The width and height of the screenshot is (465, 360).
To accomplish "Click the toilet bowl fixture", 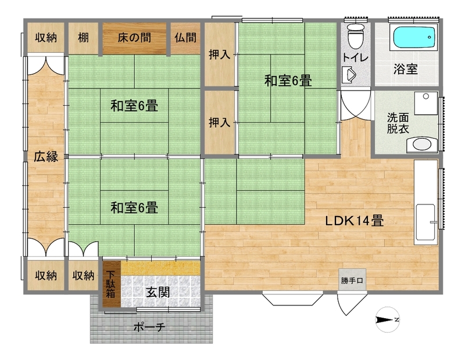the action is pyautogui.click(x=355, y=36).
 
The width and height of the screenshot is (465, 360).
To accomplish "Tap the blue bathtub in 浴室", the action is pyautogui.click(x=415, y=37).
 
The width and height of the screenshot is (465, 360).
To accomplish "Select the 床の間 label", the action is pyautogui.click(x=134, y=38).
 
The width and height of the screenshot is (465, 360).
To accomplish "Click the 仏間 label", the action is pyautogui.click(x=185, y=38).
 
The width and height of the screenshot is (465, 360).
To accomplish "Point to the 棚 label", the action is pyautogui.click(x=83, y=38).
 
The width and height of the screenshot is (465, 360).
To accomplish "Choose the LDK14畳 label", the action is pyautogui.click(x=355, y=221).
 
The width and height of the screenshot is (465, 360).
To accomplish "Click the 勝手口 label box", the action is pyautogui.click(x=352, y=280).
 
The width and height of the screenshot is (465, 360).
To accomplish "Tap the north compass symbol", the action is pyautogui.click(x=388, y=320).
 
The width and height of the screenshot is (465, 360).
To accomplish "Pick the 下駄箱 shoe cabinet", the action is pyautogui.click(x=112, y=284).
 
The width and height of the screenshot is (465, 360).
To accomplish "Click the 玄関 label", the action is pyautogui.click(x=158, y=293).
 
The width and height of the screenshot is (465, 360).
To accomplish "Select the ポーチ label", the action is pyautogui.click(x=149, y=327).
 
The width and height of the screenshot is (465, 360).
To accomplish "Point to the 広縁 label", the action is pyautogui.click(x=46, y=156).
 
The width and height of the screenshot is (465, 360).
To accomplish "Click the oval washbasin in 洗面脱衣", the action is pyautogui.click(x=422, y=145).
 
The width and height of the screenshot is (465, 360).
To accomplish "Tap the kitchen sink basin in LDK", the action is pyautogui.click(x=425, y=222).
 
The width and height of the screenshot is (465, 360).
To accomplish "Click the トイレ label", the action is pyautogui.click(x=355, y=57).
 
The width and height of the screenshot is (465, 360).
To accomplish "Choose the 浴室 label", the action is pyautogui.click(x=406, y=69).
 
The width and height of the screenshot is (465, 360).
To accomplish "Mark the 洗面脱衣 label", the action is pyautogui.click(x=398, y=123).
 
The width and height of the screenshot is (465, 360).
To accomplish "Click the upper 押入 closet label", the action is pyautogui.click(x=220, y=55).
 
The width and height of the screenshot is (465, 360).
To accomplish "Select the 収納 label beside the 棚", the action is pyautogui.click(x=46, y=38).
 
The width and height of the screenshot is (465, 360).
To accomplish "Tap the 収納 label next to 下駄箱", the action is pyautogui.click(x=83, y=276).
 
